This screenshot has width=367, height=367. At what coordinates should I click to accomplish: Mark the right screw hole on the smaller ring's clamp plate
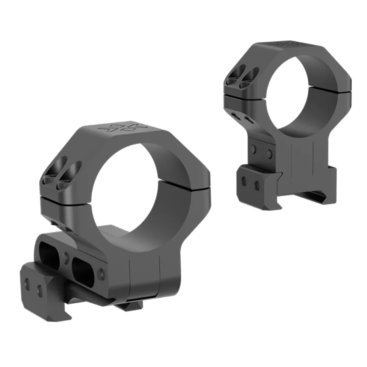[257, 184]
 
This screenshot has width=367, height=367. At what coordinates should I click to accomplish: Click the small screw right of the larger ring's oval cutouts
[102, 274]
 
